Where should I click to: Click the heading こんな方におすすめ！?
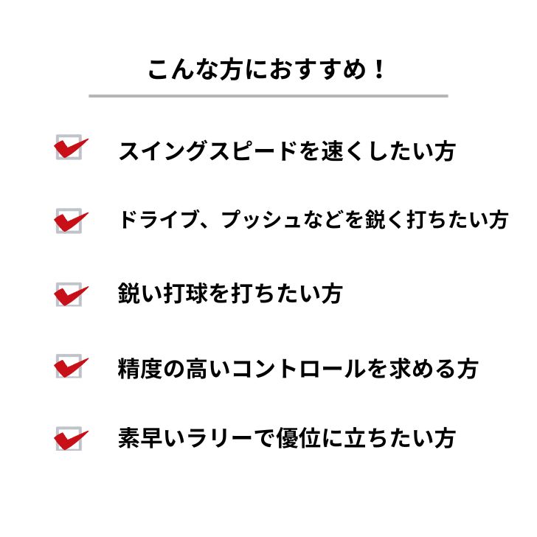click(x=266, y=70)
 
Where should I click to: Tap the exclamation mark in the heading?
click(x=379, y=69)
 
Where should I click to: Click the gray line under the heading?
click(x=268, y=96)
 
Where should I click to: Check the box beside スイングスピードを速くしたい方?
click(x=69, y=148)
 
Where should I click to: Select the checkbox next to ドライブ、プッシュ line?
click(x=69, y=221)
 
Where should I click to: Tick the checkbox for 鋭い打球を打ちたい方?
click(x=69, y=294)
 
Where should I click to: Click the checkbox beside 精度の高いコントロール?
click(x=69, y=367)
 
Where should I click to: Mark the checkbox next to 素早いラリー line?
click(x=69, y=439)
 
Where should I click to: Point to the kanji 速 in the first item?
click(x=333, y=151)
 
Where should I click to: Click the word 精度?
click(x=139, y=369)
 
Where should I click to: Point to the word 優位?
click(x=299, y=438)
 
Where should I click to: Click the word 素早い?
click(x=151, y=438)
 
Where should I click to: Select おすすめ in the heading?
click(x=318, y=70)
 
